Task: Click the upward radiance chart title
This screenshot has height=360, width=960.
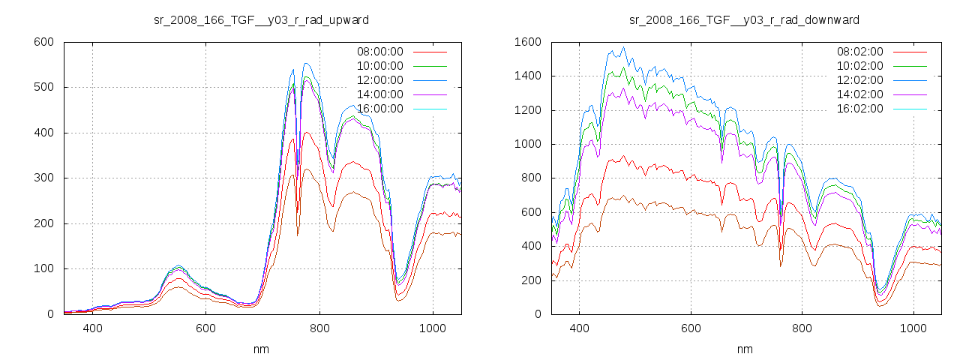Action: click(x=261, y=19)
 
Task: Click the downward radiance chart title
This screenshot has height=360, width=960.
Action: click(x=744, y=19)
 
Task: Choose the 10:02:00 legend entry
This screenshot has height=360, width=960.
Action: click(x=860, y=66)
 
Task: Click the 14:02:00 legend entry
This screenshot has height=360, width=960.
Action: click(x=860, y=94)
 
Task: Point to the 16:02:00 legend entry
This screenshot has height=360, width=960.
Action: click(x=860, y=109)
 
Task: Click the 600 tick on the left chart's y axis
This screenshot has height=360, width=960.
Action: click(x=43, y=42)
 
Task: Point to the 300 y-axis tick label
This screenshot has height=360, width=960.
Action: click(x=43, y=178)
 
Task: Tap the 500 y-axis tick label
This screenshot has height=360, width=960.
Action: click(x=43, y=88)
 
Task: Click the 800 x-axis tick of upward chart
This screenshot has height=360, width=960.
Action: click(x=319, y=328)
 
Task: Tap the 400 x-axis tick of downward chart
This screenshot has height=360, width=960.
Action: click(x=579, y=328)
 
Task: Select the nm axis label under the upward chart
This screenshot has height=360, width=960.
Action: click(x=261, y=349)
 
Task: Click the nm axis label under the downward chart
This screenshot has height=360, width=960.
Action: click(x=744, y=349)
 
